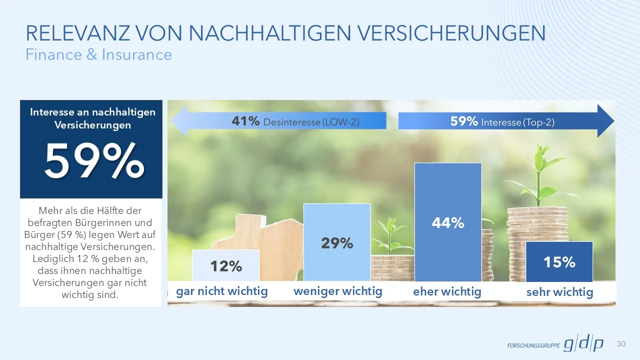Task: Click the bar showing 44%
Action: (x=447, y=222)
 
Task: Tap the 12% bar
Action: (x=225, y=265)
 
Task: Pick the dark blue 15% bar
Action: (x=559, y=261)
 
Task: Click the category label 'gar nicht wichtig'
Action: (x=222, y=291)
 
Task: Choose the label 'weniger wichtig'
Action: (x=337, y=291)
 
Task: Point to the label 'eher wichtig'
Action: (x=447, y=291)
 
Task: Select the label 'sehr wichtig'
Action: (x=559, y=292)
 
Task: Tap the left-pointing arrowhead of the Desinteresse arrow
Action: (x=179, y=121)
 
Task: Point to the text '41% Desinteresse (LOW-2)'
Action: (x=295, y=121)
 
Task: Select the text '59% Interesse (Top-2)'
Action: (x=502, y=121)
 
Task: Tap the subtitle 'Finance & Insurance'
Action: (x=98, y=54)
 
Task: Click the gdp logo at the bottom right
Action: (x=583, y=344)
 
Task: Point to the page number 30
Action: (x=621, y=343)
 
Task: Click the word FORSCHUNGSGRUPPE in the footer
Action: (x=533, y=345)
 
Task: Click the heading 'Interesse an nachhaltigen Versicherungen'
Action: (x=92, y=118)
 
